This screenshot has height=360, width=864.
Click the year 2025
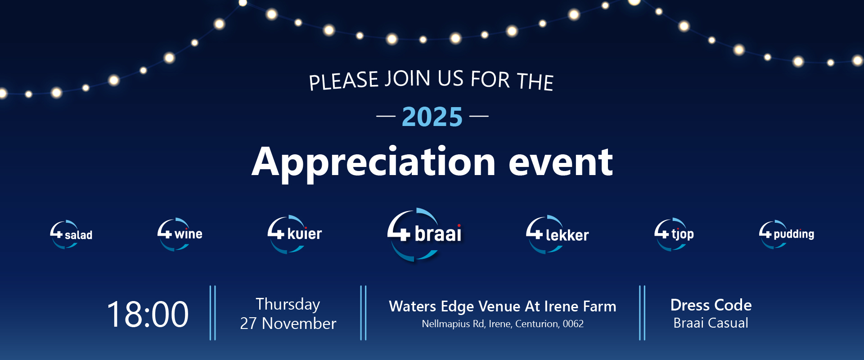[432, 117]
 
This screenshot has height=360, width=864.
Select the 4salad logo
[71, 234]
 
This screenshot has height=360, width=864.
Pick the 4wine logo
[180, 234]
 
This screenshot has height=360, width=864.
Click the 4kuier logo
[295, 234]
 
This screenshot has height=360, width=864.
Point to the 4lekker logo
[557, 234]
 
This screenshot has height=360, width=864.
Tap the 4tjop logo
[674, 234]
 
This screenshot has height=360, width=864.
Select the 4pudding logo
[787, 234]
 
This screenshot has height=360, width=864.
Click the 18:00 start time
[148, 314]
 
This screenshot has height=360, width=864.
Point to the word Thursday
[288, 304]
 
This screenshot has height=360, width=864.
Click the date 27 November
[288, 324]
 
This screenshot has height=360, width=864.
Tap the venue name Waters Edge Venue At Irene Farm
[502, 306]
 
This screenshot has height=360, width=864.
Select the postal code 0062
[573, 324]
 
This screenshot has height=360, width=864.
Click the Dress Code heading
[711, 305]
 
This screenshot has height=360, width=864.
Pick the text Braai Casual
[711, 323]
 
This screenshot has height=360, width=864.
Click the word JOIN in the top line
[408, 79]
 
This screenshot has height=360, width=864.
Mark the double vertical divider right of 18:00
[213, 313]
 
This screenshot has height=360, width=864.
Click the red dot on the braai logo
[459, 225]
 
